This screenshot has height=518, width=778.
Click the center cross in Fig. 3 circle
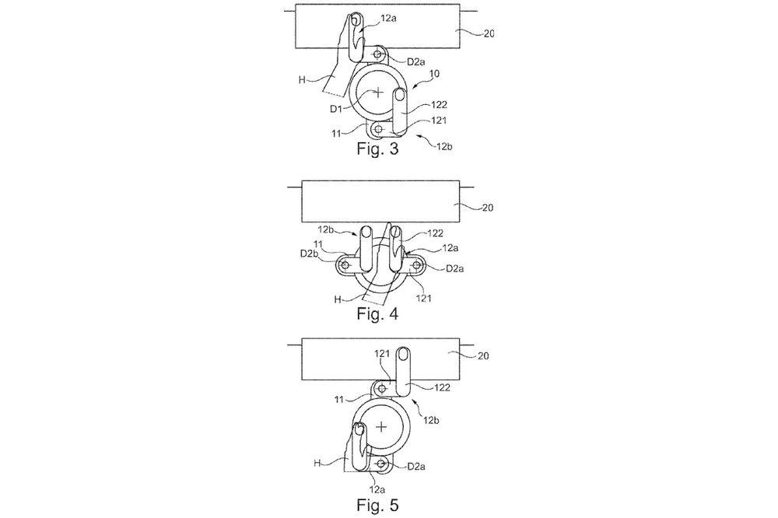pyautogui.click(x=379, y=92)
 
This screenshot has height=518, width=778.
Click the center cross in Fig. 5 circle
pyautogui.click(x=380, y=427)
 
